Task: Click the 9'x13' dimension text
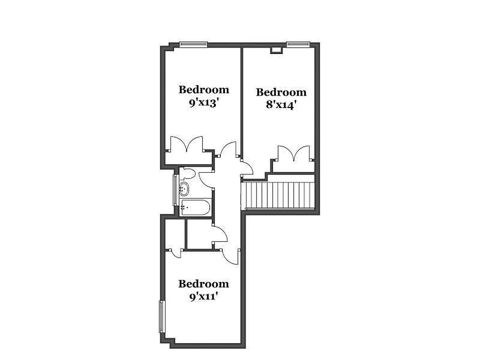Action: [204, 102]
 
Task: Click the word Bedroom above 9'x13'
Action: [204, 90]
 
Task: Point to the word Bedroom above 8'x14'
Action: [281, 92]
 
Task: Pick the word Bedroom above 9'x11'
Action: [204, 284]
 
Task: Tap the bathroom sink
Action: [184, 188]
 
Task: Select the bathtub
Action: [194, 208]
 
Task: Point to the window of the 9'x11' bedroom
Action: [161, 317]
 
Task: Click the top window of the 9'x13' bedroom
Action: [193, 44]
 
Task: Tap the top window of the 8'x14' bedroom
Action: [298, 44]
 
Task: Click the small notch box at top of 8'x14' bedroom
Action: [275, 50]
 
